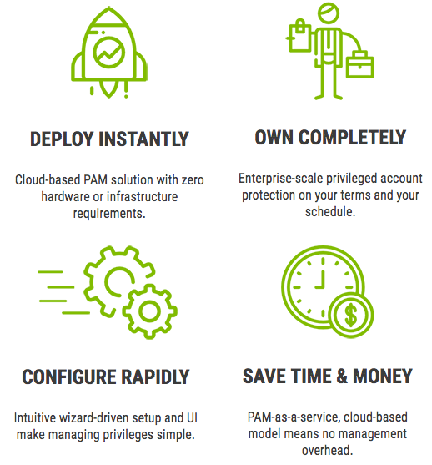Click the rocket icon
coord(108,52)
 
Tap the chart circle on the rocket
coord(108,53)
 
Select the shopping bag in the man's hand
coord(299,36)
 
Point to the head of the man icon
coord(329,13)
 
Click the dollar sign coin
coord(351,315)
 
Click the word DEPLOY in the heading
coord(62,139)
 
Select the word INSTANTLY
coord(143,139)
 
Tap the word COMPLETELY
coord(352,137)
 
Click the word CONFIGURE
coord(69,377)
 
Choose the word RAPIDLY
coord(156,377)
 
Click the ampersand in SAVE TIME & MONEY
coord(342,376)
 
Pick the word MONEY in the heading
coord(383,376)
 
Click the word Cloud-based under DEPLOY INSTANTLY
coord(48,179)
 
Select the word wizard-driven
coord(94,418)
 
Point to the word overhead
coord(328,450)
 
